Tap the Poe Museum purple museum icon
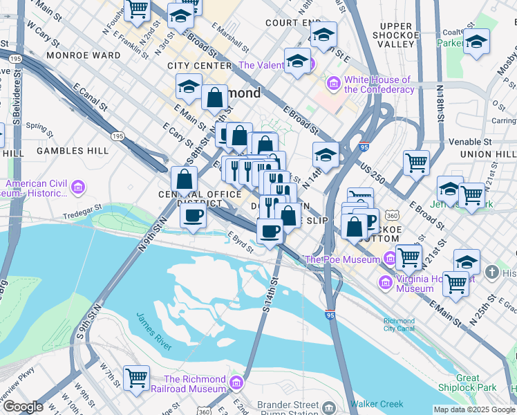[391, 259]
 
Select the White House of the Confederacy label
[379, 84]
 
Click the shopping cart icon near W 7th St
[137, 378]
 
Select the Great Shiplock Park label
[477, 382]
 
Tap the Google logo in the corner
[23, 407]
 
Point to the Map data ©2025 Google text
[473, 409]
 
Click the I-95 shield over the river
[330, 314]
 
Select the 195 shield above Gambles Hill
[118, 136]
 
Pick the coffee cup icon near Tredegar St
[193, 216]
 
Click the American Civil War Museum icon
[77, 187]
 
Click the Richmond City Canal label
[399, 325]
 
